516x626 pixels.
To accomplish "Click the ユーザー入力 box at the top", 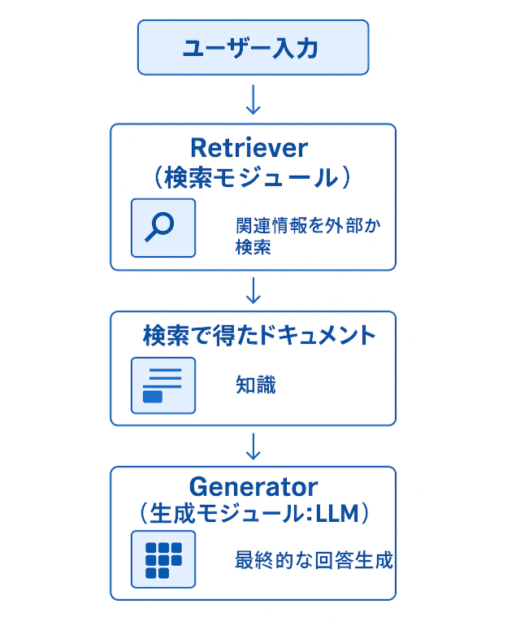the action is (x=253, y=47).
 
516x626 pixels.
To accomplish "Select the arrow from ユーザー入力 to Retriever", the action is (x=253, y=99).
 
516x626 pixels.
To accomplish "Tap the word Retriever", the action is (x=249, y=148).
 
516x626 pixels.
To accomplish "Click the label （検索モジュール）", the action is (x=252, y=177).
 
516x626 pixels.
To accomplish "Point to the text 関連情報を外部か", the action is (x=308, y=226).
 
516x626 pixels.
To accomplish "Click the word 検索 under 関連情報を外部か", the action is (x=253, y=247).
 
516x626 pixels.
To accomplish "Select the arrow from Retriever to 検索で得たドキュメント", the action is (x=253, y=290).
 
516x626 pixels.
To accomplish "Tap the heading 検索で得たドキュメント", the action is (x=259, y=335).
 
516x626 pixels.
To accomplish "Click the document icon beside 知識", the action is (x=163, y=385).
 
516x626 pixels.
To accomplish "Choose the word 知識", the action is (x=255, y=385).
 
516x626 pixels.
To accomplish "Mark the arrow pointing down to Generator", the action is (x=253, y=446).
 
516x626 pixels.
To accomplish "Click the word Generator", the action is (x=254, y=487).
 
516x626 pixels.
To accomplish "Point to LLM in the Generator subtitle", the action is (x=337, y=514).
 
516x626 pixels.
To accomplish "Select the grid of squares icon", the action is (x=163, y=559).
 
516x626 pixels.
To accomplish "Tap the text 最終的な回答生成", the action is (x=314, y=560).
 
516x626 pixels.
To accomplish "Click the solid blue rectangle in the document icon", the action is (x=153, y=397).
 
